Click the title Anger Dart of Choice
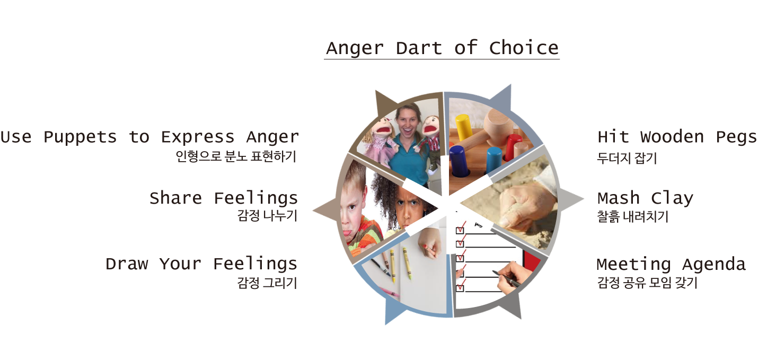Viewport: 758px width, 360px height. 442,48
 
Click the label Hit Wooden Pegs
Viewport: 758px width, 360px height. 677,137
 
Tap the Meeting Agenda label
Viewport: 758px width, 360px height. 672,265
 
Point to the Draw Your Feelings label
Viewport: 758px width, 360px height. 201,264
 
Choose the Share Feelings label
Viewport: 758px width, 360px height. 223,198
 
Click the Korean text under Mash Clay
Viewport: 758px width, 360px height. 632,216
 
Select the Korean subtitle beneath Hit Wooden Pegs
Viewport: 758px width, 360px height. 627,158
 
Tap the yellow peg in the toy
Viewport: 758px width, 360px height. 464,128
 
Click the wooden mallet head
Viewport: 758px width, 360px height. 498,123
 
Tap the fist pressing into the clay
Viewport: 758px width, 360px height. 525,205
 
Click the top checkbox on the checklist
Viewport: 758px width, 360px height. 460,231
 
